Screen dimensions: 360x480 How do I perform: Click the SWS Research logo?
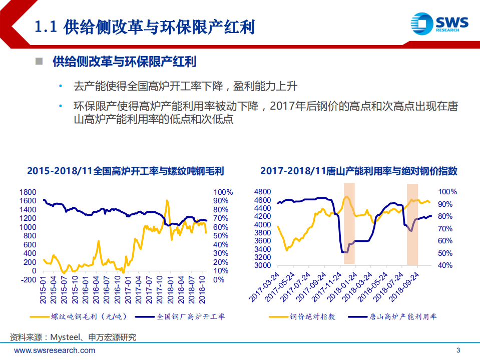click(439, 23)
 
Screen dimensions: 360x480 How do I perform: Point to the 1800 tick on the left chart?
click(28, 192)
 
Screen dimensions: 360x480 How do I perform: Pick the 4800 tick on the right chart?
click(263, 192)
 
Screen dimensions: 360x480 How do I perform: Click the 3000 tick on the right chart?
click(263, 265)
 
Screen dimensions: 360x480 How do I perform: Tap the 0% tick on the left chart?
click(219, 279)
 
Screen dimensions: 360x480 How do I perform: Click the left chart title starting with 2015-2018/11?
click(125, 171)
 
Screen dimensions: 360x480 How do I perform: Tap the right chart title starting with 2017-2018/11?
click(359, 171)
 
